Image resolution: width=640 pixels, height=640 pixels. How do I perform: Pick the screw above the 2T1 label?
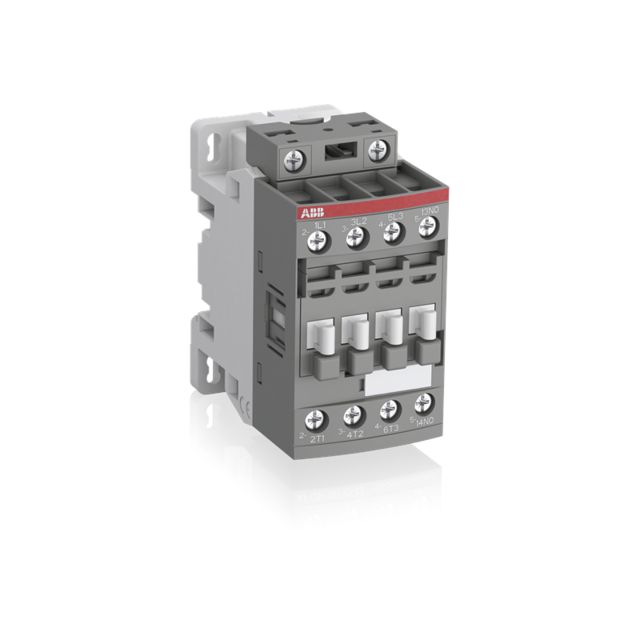tap(316, 418)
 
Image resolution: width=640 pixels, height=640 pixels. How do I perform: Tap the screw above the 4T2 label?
tap(352, 414)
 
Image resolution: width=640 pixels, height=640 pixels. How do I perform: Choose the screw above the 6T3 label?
tap(389, 409)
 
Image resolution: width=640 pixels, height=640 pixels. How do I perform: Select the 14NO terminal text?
tap(426, 422)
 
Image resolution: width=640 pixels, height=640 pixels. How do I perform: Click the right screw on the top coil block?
tap(377, 150)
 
